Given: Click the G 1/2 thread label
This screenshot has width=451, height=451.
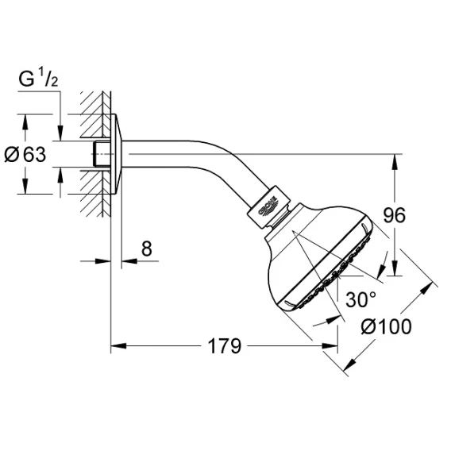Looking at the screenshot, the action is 38,79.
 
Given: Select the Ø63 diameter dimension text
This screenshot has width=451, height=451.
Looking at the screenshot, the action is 25,155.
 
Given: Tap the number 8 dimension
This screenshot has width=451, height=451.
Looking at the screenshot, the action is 146,249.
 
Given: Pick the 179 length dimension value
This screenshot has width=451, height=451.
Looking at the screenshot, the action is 225,346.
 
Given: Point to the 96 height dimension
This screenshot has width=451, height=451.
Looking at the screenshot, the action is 395,215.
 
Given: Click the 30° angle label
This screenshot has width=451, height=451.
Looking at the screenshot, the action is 361,299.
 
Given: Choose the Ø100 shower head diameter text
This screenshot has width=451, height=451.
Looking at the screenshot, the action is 386,327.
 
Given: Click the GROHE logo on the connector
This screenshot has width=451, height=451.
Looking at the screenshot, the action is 268,206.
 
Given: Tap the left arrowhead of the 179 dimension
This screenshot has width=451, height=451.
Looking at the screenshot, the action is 118,345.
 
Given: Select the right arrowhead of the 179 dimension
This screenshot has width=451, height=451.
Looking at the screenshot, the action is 330,345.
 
